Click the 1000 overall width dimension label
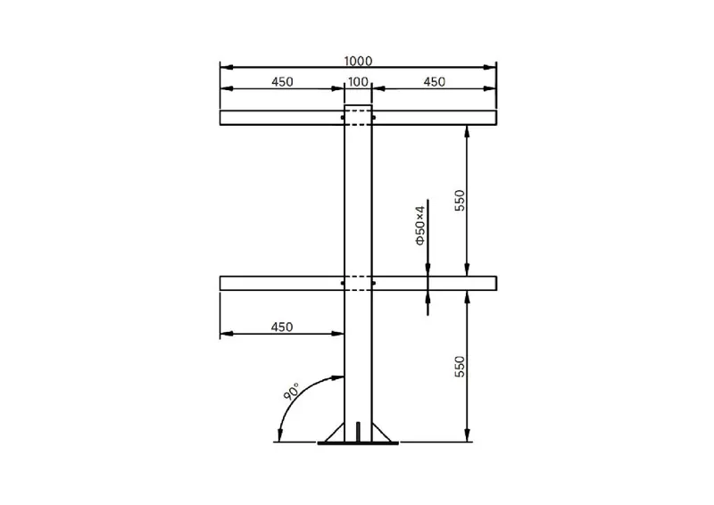coord(357,61)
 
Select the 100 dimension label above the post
coord(358,82)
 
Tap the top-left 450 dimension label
coord(282,82)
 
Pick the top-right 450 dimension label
coord(434,82)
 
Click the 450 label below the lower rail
coord(282,327)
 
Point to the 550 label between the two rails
coord(460,201)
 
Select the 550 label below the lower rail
coord(460,367)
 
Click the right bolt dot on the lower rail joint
coord(373,284)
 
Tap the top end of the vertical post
coord(358,106)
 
